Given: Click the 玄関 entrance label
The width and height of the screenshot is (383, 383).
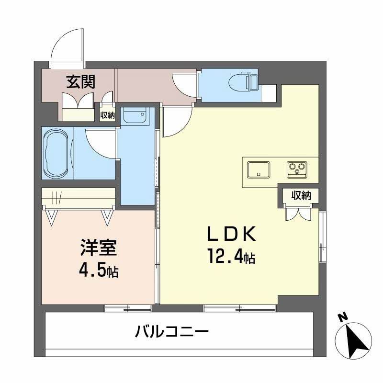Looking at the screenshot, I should (80, 82).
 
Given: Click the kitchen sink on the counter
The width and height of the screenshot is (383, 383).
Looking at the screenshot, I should (258, 169).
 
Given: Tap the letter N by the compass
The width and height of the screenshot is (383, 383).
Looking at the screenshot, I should (342, 317).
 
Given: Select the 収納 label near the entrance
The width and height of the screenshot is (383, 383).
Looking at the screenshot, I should (107, 115).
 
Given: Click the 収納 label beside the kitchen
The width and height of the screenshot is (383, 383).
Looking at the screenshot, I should (300, 195).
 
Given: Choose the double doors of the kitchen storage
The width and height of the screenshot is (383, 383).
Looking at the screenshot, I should (298, 212).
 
